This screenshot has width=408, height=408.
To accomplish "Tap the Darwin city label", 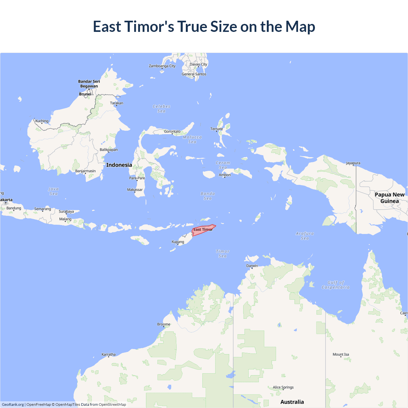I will [x=252, y=266].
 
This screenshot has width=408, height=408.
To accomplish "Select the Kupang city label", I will [x=178, y=242].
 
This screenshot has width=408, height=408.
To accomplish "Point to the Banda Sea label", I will [x=208, y=196].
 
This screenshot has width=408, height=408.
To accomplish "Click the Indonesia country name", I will [x=119, y=165].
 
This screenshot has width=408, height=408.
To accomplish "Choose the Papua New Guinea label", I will [x=390, y=198].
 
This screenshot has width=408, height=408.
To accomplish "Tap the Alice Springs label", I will [x=283, y=387].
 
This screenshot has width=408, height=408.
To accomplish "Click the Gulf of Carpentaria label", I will [x=336, y=285].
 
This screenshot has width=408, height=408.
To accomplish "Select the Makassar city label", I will [x=135, y=190].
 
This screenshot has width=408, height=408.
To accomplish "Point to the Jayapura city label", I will [x=353, y=163].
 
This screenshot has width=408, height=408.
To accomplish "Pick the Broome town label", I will [x=164, y=324].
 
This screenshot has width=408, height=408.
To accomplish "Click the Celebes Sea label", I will [x=162, y=109].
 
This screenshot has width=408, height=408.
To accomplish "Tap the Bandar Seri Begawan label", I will [x=89, y=84].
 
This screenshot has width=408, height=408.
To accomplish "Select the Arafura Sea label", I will [x=305, y=236].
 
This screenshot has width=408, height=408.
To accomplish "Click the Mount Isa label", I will [x=341, y=354].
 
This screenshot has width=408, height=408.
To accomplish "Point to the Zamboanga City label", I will [x=162, y=66].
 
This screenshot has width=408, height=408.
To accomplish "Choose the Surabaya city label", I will [x=66, y=211].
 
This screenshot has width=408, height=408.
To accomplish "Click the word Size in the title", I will [x=223, y=26].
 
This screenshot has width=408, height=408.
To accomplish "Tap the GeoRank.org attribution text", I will [x=13, y=404].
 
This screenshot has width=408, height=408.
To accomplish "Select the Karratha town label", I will [x=109, y=354].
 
